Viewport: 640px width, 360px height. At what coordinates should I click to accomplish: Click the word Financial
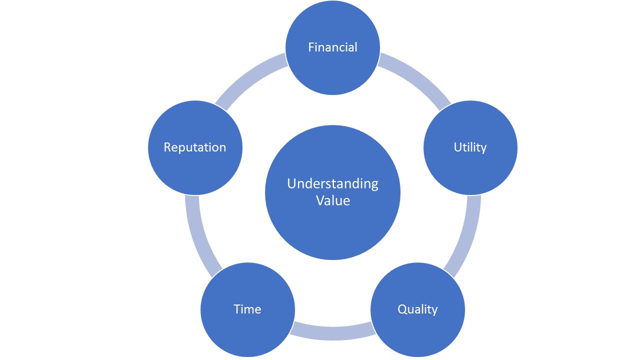click(x=332, y=47)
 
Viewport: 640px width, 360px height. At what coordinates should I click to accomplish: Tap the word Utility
click(x=470, y=147)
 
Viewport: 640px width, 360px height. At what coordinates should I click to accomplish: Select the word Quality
click(x=417, y=309)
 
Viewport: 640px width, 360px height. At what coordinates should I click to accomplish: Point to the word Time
click(x=247, y=309)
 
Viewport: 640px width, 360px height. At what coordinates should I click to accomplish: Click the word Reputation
click(x=195, y=147)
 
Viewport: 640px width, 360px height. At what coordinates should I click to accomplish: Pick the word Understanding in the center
click(x=332, y=183)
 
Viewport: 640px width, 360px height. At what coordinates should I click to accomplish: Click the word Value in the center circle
click(x=333, y=200)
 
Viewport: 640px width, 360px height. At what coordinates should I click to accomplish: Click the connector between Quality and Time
click(x=332, y=333)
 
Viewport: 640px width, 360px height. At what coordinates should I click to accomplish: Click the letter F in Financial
click(x=311, y=47)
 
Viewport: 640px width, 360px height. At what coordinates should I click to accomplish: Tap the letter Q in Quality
click(x=402, y=309)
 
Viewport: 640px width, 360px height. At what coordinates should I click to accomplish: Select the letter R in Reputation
click(x=167, y=147)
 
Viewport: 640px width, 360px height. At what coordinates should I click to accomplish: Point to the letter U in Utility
click(x=458, y=147)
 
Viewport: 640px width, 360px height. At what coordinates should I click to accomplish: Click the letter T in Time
click(x=238, y=309)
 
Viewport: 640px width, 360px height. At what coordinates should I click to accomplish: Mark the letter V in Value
click(x=320, y=200)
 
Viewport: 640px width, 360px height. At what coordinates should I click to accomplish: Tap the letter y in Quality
click(x=434, y=311)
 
